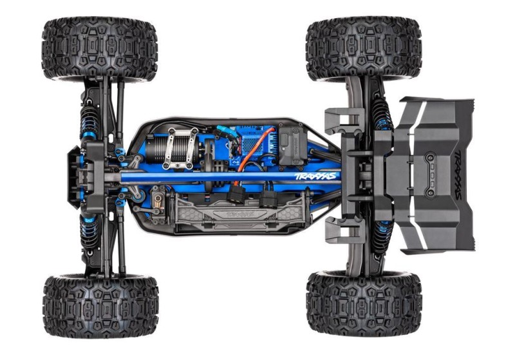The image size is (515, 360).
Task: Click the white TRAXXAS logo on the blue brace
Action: point(315,175)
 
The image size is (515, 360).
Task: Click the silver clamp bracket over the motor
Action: point(181,146)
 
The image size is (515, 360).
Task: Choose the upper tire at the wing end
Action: point(364,49)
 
